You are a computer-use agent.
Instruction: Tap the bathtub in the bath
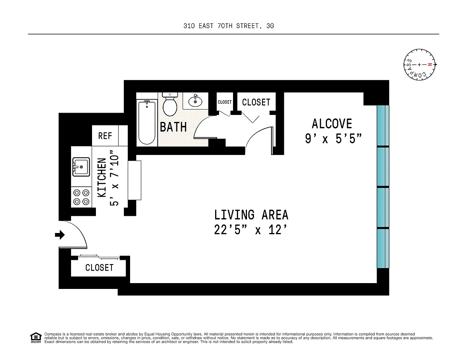(147, 122)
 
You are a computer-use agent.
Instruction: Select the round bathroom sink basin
(195, 101)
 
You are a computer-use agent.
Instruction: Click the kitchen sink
(81, 167)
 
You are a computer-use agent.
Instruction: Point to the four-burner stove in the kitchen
(81, 197)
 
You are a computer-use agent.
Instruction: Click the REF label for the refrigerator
(105, 136)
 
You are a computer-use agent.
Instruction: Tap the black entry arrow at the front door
(60, 235)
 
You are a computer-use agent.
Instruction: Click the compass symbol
(419, 64)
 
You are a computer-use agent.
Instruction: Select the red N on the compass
(429, 64)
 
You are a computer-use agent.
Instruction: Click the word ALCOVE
(332, 124)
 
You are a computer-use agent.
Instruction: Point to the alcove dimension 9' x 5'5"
(333, 139)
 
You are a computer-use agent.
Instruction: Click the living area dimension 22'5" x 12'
(250, 230)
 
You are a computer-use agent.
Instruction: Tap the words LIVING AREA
(251, 215)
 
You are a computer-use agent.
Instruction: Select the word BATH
(173, 127)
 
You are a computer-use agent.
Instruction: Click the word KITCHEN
(102, 177)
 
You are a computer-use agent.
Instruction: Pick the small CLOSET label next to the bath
(224, 102)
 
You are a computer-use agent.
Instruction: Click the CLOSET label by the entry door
(99, 268)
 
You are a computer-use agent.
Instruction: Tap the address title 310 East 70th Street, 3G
(229, 26)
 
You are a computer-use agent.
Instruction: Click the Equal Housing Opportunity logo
(36, 338)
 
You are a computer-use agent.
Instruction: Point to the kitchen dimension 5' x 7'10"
(114, 178)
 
